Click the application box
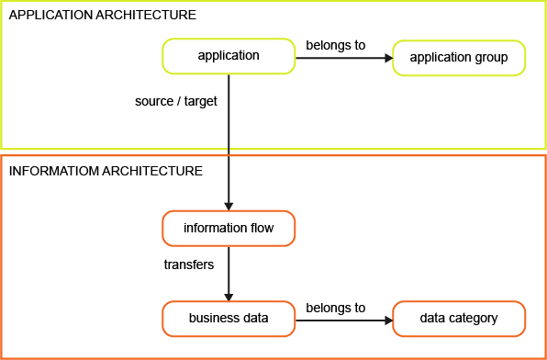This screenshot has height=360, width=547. tap(229, 57)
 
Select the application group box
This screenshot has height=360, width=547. tap(459, 58)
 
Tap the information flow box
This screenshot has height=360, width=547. tap(229, 228)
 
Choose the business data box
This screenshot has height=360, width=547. tap(229, 319)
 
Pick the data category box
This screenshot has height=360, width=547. tap(459, 319)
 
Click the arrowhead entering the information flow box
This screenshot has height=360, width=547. tap(229, 205)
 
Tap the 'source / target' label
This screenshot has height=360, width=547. tap(176, 101)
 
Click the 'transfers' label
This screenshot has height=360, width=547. tap(188, 264)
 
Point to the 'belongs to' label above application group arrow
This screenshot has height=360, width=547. tap(335, 45)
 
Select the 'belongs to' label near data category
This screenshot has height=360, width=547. tap(335, 308)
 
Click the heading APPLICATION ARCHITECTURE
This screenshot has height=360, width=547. tap(102, 16)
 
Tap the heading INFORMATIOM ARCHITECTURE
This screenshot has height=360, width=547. tap(106, 171)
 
